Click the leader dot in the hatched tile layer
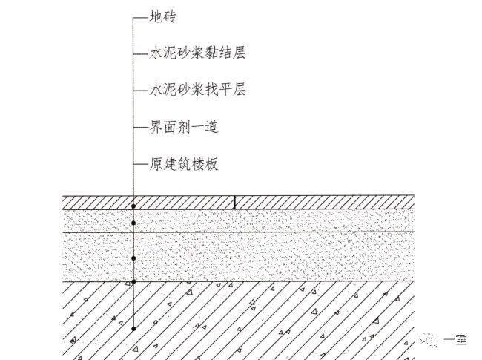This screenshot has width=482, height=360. point(133,204)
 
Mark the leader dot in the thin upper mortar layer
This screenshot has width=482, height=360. point(133,222)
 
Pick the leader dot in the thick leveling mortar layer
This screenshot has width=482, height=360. point(133,258)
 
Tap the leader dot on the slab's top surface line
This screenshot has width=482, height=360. point(133,282)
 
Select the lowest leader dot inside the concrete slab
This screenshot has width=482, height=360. point(133,328)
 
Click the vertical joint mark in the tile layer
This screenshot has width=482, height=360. point(235,202)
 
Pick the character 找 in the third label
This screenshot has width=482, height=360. point(211,90)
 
